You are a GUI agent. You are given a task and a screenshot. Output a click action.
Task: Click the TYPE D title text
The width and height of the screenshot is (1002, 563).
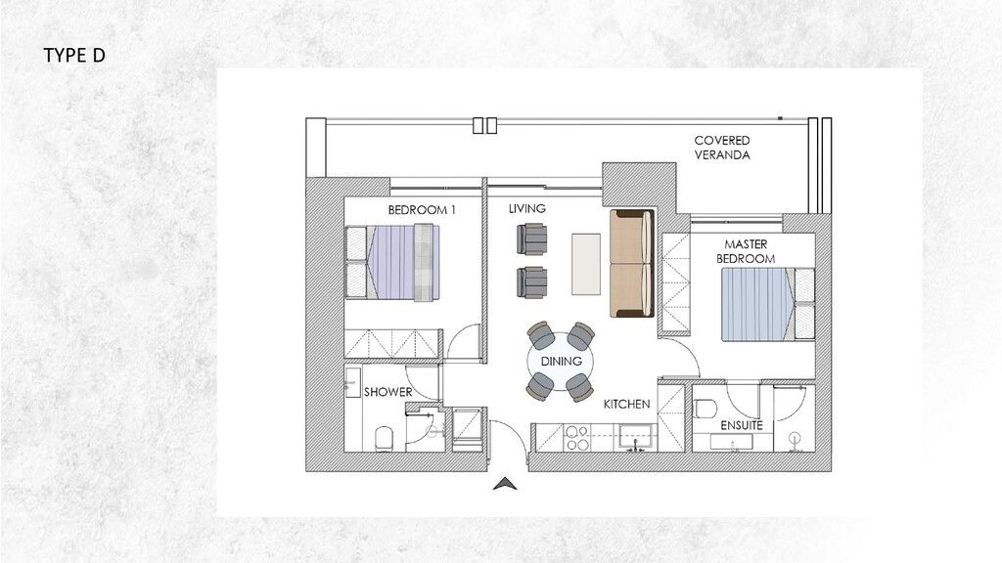pos(73,56)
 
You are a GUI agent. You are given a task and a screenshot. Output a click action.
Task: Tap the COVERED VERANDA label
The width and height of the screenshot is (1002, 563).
pos(722,148)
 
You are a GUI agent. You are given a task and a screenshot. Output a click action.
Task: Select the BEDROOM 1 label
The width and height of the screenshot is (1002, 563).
pos(422,210)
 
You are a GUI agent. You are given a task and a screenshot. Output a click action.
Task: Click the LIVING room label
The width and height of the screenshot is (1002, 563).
pos(526,209)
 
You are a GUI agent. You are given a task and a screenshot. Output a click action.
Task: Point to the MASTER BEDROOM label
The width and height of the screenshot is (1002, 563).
pos(750,250)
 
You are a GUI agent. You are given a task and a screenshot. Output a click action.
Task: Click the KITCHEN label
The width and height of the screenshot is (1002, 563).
pos(627,404)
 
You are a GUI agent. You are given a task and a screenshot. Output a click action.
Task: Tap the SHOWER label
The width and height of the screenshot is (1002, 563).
pos(387,393)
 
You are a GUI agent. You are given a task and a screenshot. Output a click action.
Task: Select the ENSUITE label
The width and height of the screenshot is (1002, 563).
pos(742,426)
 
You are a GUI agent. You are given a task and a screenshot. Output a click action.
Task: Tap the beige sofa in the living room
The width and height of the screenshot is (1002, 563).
pos(631,264)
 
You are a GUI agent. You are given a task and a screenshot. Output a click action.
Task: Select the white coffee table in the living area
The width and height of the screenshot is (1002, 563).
pos(587,262)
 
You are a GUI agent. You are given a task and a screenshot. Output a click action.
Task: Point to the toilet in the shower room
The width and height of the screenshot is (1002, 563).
pos(385,436)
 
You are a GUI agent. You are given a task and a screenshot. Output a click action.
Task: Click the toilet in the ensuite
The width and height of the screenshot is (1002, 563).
pos(706,408)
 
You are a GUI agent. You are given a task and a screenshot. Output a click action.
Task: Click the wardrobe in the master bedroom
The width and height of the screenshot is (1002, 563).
pos(674,282)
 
